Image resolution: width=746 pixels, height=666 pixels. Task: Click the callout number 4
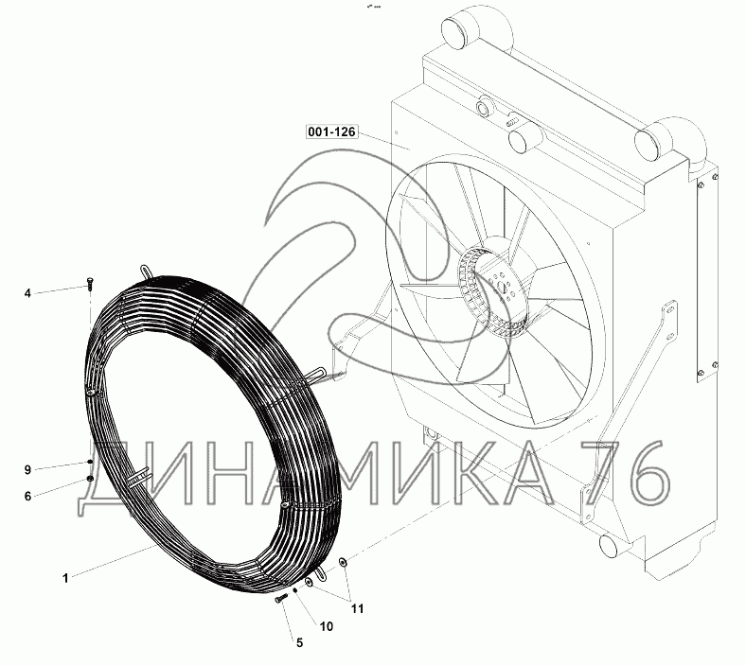click(x=27, y=293)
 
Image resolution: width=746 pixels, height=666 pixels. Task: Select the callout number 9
click(x=27, y=469)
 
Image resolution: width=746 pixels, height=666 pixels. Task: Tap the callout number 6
click(x=27, y=497)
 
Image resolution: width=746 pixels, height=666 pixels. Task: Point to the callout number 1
click(x=65, y=579)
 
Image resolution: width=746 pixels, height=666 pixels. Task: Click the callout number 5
click(x=299, y=642)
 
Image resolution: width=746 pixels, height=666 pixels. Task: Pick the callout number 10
click(x=327, y=626)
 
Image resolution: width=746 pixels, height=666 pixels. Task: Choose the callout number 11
click(x=357, y=608)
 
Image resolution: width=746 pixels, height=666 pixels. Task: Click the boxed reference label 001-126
click(x=331, y=131)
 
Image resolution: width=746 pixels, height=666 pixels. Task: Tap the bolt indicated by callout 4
click(x=90, y=282)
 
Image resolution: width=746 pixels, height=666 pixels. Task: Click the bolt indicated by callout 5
click(x=282, y=598)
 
